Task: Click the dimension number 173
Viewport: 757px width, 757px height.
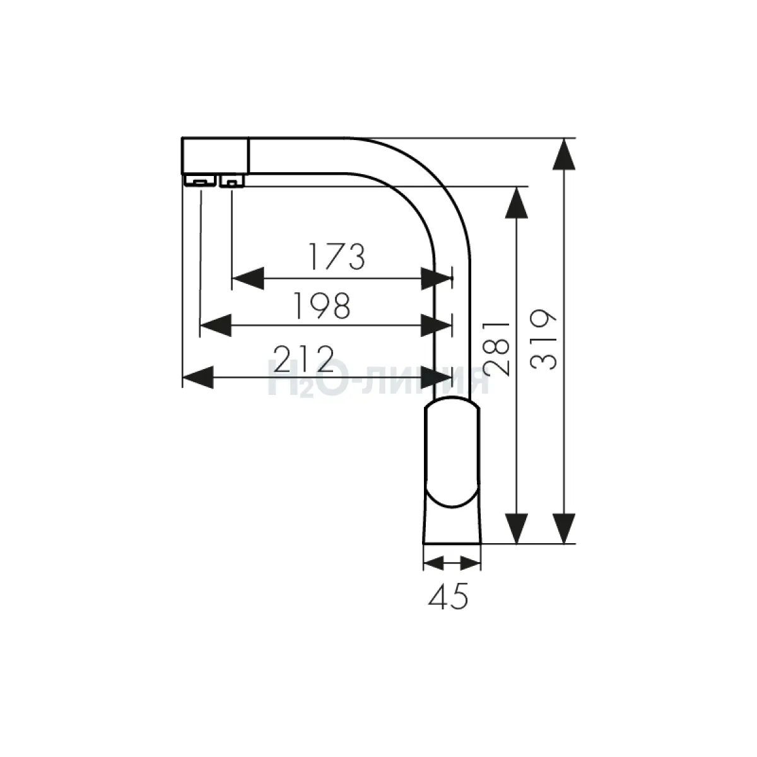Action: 337,257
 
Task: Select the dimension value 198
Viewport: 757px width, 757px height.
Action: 322,305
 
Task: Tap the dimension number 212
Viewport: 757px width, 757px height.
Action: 303,358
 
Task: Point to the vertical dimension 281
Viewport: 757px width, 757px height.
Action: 496,348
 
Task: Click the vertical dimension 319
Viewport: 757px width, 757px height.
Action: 543,340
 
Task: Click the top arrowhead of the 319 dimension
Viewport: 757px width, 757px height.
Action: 564,154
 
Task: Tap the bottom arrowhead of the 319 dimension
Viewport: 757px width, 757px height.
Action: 564,529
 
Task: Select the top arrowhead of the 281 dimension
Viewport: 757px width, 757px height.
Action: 516,202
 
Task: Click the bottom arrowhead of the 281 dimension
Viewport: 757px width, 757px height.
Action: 516,529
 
